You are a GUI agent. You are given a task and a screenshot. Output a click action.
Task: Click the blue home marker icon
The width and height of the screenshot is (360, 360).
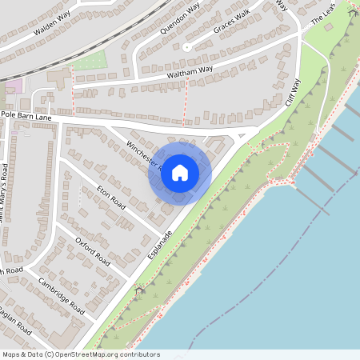[180, 172]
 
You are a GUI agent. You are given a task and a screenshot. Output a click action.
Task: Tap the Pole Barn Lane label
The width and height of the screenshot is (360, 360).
[26, 117]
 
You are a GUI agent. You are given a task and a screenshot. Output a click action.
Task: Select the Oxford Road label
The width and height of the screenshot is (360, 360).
[92, 250]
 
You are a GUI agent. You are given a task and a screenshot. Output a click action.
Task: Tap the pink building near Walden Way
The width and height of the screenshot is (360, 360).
[13, 86]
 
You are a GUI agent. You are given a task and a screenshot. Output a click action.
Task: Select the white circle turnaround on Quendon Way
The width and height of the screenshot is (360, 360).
[186, 47]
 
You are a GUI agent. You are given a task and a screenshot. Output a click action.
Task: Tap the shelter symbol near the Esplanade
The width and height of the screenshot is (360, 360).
[139, 290]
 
